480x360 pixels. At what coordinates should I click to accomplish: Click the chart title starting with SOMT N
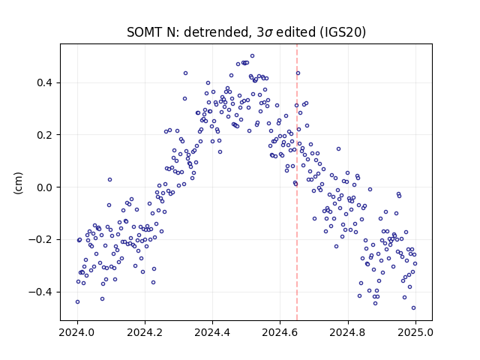(x=246, y=32)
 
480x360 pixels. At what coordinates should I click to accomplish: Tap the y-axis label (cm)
(x=18, y=183)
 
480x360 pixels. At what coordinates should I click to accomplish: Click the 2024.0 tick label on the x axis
(x=77, y=332)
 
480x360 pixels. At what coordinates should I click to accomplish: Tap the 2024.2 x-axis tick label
(x=145, y=332)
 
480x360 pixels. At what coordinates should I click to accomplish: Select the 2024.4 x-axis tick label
(x=212, y=332)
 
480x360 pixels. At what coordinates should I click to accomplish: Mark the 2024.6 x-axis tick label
(x=280, y=332)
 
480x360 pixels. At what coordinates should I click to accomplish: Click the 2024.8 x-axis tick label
(x=348, y=332)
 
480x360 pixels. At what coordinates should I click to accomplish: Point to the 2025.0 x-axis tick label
(x=415, y=332)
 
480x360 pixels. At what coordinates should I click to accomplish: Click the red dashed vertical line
(x=297, y=182)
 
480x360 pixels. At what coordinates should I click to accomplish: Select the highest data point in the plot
(x=252, y=56)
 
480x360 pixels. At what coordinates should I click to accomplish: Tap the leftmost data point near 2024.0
(x=77, y=301)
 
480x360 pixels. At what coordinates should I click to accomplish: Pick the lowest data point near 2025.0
(x=413, y=308)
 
